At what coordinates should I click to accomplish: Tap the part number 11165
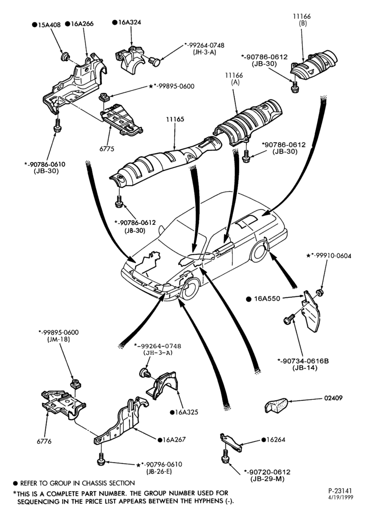[x=175, y=119]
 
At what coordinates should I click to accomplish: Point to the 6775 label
[x=107, y=148]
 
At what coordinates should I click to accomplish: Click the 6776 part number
[x=44, y=441]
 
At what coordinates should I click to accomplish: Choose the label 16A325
[x=187, y=412]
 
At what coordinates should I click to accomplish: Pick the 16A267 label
[x=174, y=440]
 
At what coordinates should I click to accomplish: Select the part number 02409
[x=333, y=398]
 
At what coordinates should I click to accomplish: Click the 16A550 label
[x=267, y=298]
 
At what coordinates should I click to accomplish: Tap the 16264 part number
[x=276, y=440]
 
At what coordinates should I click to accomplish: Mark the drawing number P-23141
[x=340, y=491]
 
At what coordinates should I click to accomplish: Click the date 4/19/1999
[x=340, y=497]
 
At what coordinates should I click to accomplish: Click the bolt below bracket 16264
[x=224, y=456]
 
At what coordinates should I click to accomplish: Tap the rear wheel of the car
[x=259, y=250]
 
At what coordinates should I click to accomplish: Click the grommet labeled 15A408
[x=65, y=57]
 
